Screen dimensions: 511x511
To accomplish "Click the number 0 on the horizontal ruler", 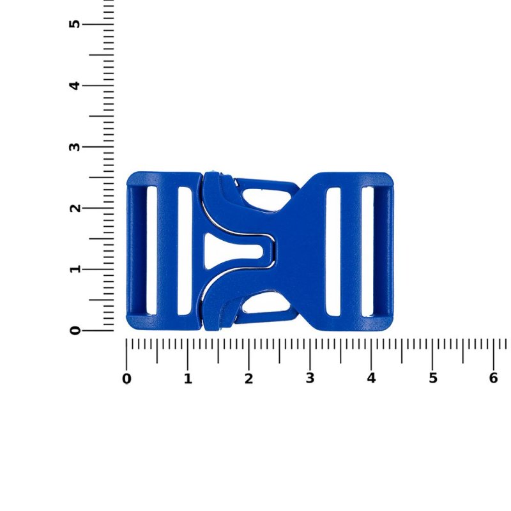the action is [x=126, y=379].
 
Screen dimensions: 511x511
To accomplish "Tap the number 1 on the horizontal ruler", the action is [x=188, y=379].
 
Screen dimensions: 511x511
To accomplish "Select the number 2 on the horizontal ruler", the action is [x=248, y=379].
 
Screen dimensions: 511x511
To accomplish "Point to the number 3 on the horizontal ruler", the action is [x=310, y=378].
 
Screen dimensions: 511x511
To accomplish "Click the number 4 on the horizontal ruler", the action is [x=371, y=378].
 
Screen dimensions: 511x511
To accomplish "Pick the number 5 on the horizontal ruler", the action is [x=432, y=378].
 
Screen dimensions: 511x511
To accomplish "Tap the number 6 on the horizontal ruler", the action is [x=493, y=378].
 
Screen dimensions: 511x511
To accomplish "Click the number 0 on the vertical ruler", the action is [x=75, y=330].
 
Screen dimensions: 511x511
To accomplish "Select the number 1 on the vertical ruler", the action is [x=75, y=269].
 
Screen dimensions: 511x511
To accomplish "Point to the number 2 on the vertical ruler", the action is [x=75, y=208].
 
